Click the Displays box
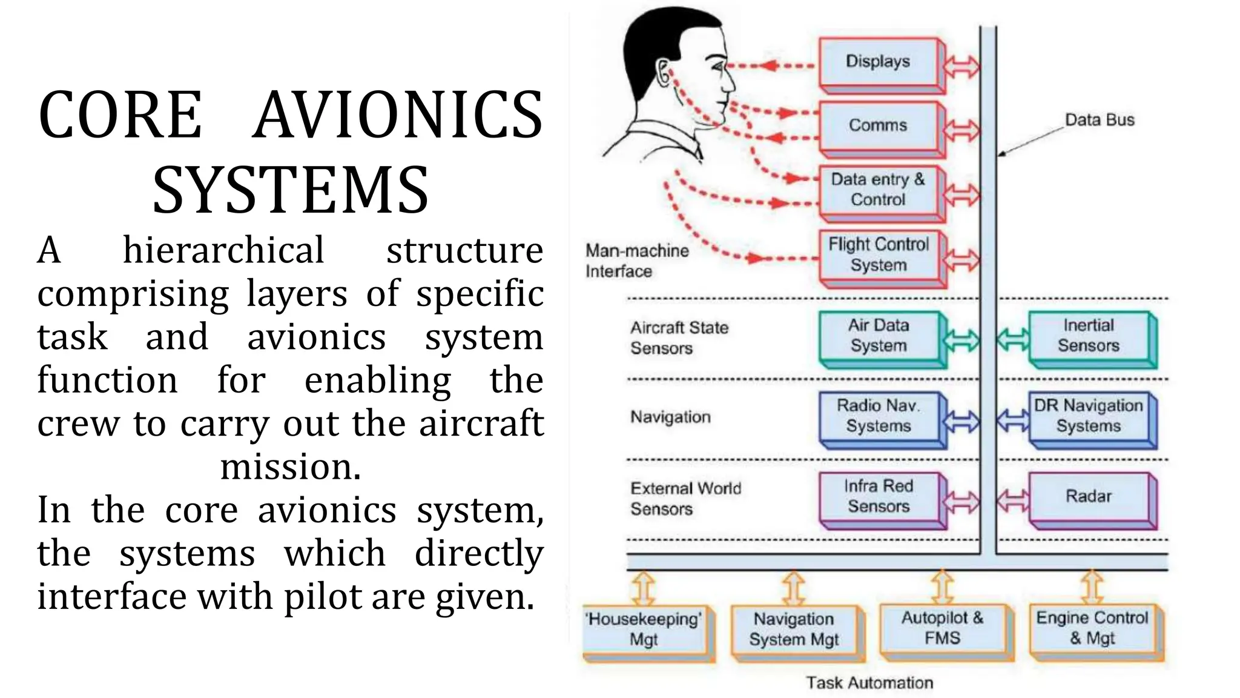878,62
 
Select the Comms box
878,125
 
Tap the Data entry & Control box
878,190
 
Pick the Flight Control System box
878,254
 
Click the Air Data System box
878,336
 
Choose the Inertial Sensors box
1088,336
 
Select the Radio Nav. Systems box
878,416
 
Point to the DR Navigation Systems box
1088,416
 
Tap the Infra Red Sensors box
878,496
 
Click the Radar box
1088,496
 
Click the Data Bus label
1099,120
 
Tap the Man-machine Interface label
636,261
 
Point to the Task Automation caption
869,683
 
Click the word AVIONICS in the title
398,115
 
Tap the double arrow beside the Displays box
961,67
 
